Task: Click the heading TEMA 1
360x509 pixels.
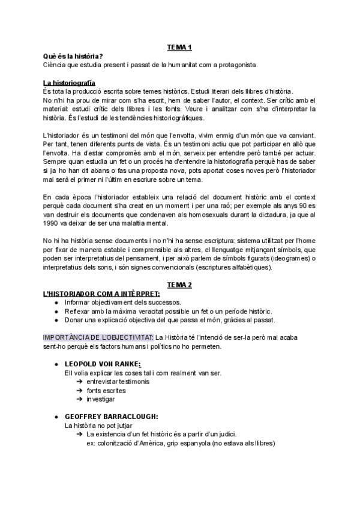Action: click(179, 47)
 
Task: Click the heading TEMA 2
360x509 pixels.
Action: click(179, 284)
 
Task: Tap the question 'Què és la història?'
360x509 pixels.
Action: click(73, 56)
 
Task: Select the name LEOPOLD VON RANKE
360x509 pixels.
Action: click(103, 364)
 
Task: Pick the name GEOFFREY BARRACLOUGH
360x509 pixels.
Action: click(112, 416)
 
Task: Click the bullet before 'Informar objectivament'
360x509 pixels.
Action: click(56, 302)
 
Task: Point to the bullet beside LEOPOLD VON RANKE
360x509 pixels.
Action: click(56, 364)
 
